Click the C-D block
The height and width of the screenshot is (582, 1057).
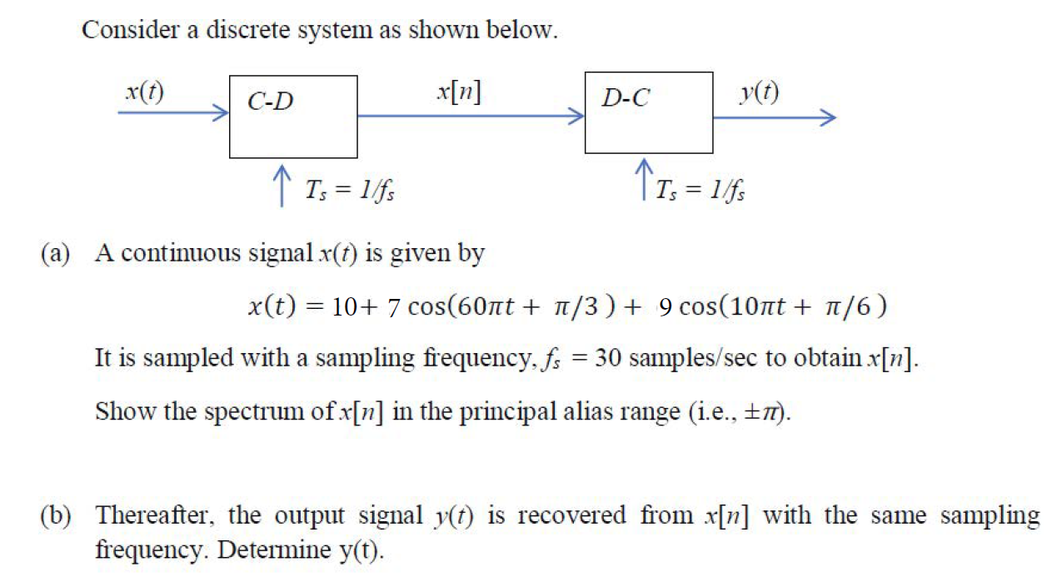pos(293,116)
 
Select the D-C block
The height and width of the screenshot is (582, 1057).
pos(648,112)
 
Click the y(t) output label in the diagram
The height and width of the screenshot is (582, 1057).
pos(759,92)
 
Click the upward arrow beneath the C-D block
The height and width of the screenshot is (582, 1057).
pos(282,187)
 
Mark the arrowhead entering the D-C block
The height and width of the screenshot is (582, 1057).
pos(576,117)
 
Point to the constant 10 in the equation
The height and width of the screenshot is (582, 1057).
pos(345,307)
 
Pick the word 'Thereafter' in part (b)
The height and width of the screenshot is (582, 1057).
pos(157,516)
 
